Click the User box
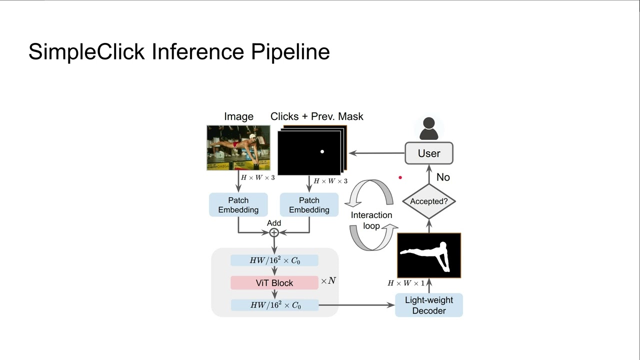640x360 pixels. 429,153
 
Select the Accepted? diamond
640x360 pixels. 429,201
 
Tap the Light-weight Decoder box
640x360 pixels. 429,305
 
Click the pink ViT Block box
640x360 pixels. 274,283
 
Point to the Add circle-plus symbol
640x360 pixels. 274,232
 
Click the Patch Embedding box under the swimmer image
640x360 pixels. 238,205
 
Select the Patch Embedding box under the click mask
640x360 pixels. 309,205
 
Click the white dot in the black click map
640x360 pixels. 322,151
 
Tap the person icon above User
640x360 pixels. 429,128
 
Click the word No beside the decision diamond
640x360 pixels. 443,177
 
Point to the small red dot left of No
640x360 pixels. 400,177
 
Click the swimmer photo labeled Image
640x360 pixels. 238,148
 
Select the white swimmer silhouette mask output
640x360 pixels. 429,255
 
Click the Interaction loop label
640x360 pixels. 371,220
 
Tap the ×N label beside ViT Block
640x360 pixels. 328,281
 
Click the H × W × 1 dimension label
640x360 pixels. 406,283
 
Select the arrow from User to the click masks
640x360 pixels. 376,153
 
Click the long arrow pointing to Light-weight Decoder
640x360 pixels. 356,304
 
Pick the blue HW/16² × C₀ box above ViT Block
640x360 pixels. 274,260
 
